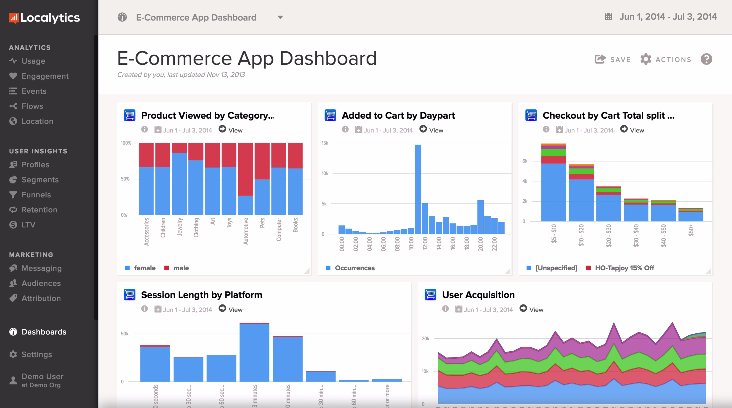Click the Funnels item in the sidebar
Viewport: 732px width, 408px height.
(36, 195)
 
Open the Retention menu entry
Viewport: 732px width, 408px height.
(39, 210)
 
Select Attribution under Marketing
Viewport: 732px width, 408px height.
(41, 298)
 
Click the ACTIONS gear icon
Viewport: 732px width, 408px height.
(646, 59)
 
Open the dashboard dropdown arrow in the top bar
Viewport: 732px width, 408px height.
(280, 18)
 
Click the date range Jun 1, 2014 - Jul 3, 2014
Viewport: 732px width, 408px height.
(668, 17)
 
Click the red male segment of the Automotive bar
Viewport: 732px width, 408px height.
(246, 169)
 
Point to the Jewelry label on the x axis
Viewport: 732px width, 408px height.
(180, 227)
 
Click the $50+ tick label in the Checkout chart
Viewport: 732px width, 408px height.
(691, 230)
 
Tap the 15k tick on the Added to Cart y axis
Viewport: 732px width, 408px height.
(325, 143)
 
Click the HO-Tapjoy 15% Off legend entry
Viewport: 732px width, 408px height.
(624, 268)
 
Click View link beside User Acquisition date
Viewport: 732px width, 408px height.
(536, 310)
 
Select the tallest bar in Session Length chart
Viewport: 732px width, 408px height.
(254, 352)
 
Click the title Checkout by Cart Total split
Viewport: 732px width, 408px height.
(608, 116)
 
